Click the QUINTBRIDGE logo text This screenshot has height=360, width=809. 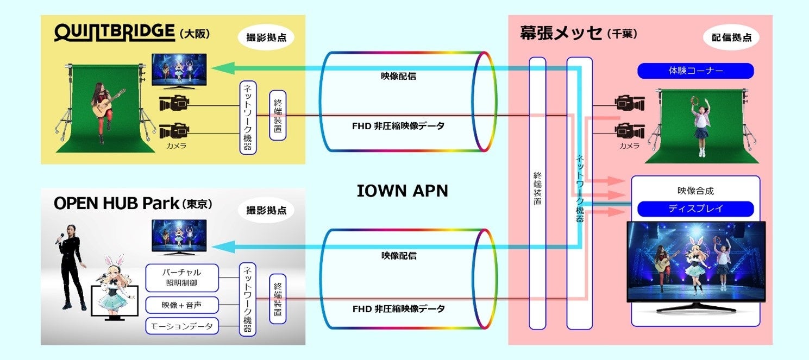coord(114,33)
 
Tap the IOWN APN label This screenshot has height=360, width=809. coord(402,191)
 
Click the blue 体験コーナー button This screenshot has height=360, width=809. coord(695,71)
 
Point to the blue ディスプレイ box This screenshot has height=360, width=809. coord(695,209)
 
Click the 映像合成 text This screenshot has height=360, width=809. coord(695,191)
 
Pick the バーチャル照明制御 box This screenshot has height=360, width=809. coord(181,278)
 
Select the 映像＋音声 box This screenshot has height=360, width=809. coord(181,305)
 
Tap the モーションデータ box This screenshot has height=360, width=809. coord(181,326)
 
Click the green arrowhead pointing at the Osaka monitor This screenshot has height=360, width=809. coord(220,68)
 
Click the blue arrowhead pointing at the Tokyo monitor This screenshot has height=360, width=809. coord(220,248)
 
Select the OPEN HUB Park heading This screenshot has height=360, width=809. coord(116,204)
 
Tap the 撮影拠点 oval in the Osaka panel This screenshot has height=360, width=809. coord(266,37)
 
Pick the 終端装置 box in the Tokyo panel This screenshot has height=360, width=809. coord(277,299)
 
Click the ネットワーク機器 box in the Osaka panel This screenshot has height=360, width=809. coord(248,118)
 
